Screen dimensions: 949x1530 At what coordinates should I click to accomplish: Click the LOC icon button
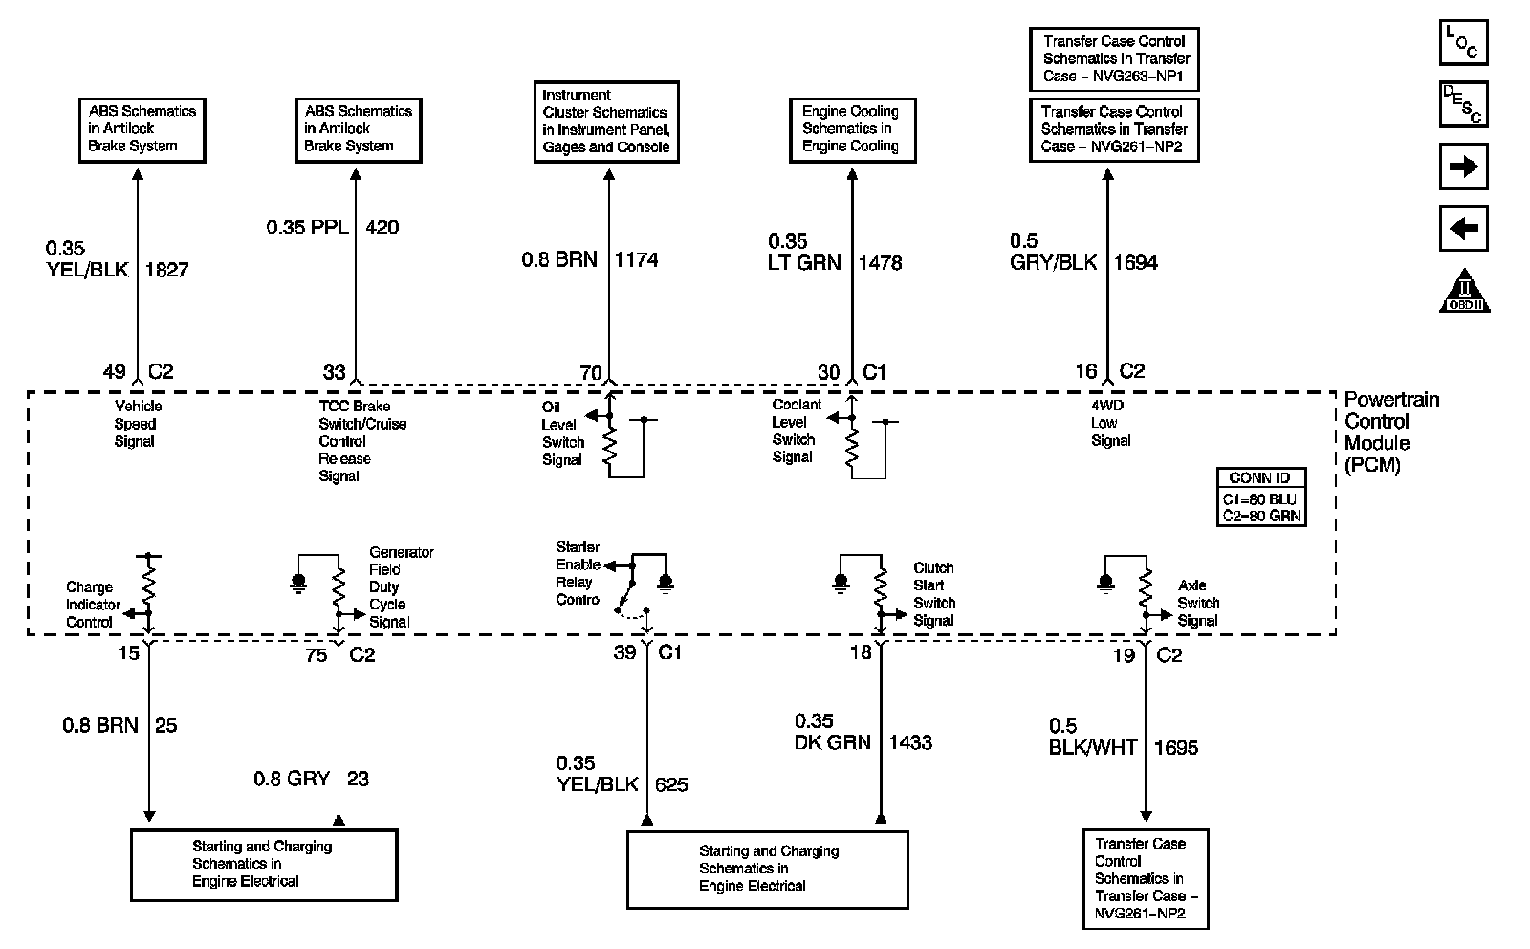coord(1463,42)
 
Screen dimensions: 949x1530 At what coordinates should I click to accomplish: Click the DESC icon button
coord(1463,104)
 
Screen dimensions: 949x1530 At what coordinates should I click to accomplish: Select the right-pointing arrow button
coord(1463,166)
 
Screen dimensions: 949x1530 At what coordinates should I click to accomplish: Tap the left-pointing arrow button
coord(1463,229)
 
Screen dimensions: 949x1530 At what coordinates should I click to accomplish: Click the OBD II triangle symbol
coord(1464,293)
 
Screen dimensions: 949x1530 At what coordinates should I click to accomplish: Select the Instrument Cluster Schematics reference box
coord(606,121)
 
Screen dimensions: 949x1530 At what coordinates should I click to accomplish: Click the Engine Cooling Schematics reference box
coord(851,128)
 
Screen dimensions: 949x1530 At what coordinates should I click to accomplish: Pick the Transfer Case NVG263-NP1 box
coord(1114,58)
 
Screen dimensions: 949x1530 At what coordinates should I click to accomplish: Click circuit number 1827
coord(166,270)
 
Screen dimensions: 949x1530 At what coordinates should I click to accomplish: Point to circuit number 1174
coord(636,259)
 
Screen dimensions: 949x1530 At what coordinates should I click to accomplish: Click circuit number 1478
coord(880,263)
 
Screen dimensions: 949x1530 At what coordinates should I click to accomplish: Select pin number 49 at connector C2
coord(115,372)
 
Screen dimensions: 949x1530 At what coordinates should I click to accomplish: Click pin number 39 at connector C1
coord(624,652)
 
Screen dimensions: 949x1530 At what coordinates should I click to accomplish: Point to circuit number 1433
coord(910,742)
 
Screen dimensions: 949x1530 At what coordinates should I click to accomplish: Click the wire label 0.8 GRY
coord(292,779)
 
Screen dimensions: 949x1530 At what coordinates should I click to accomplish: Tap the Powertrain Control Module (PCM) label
coord(1391,432)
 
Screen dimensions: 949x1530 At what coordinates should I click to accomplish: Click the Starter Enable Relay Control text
coord(579,573)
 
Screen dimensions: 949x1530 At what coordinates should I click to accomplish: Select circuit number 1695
coord(1176,748)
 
